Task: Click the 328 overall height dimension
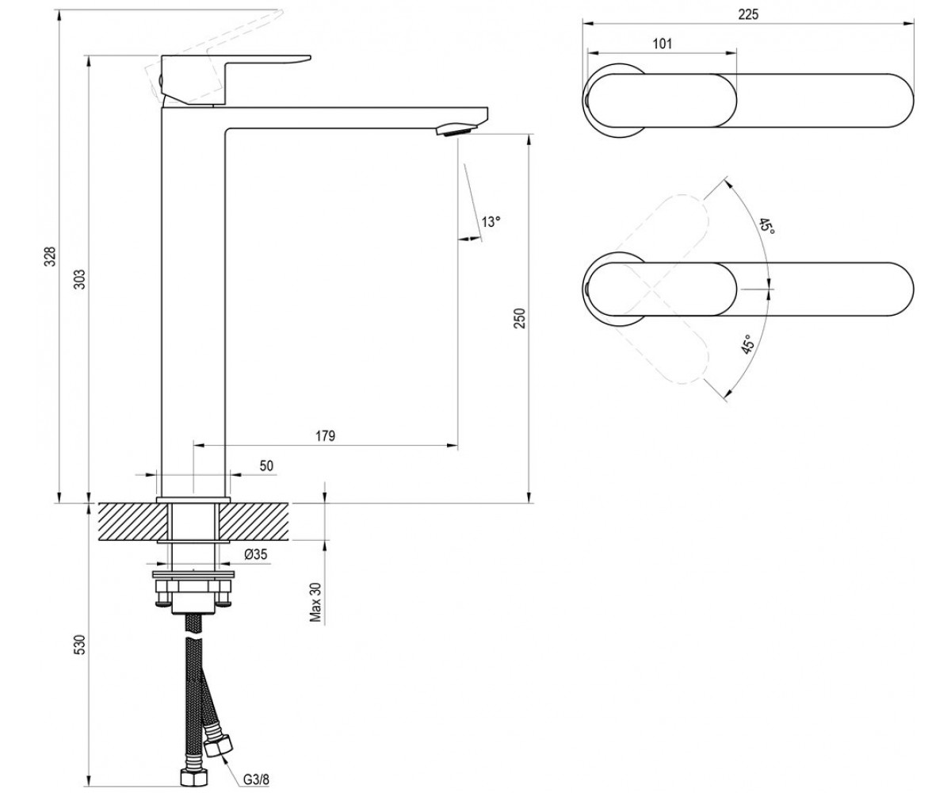coord(52,257)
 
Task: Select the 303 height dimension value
coord(80,279)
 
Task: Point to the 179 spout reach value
coord(325,436)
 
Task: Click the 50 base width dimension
coord(266,465)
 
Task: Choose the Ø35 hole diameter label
coord(255,554)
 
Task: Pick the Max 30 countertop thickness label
coord(315,602)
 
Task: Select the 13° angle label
coord(491,222)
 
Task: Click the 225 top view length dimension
coord(748,14)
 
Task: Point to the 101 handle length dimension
coord(663,44)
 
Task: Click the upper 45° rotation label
coord(766,227)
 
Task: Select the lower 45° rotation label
coord(747,344)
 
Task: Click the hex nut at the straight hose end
coord(193,777)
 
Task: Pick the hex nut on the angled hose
coord(218,746)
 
